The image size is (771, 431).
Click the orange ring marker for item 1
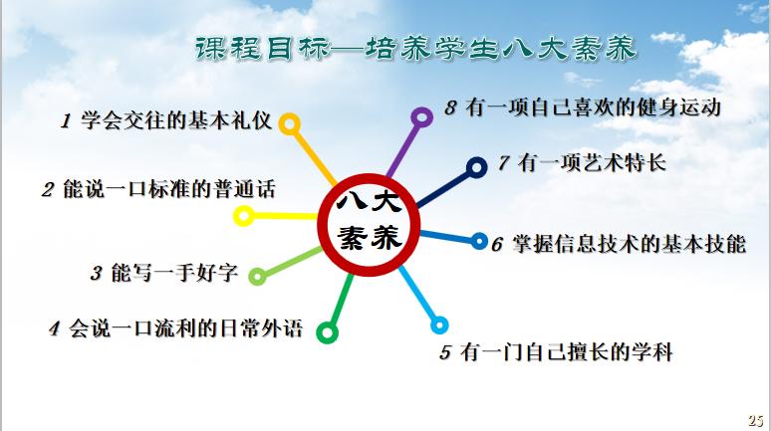[289, 123]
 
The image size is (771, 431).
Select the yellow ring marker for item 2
[242, 215]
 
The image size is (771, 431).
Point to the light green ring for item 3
[257, 276]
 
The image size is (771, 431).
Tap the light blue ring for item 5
[438, 324]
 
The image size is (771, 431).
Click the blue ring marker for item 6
[477, 242]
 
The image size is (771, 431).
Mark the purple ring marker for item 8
[421, 117]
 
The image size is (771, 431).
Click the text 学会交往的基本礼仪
[173, 121]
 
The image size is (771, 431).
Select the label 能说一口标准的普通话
[168, 188]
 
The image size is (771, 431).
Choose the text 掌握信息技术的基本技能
[628, 244]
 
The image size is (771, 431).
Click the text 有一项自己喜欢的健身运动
[594, 107]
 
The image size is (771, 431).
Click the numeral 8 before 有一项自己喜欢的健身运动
[450, 108]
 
